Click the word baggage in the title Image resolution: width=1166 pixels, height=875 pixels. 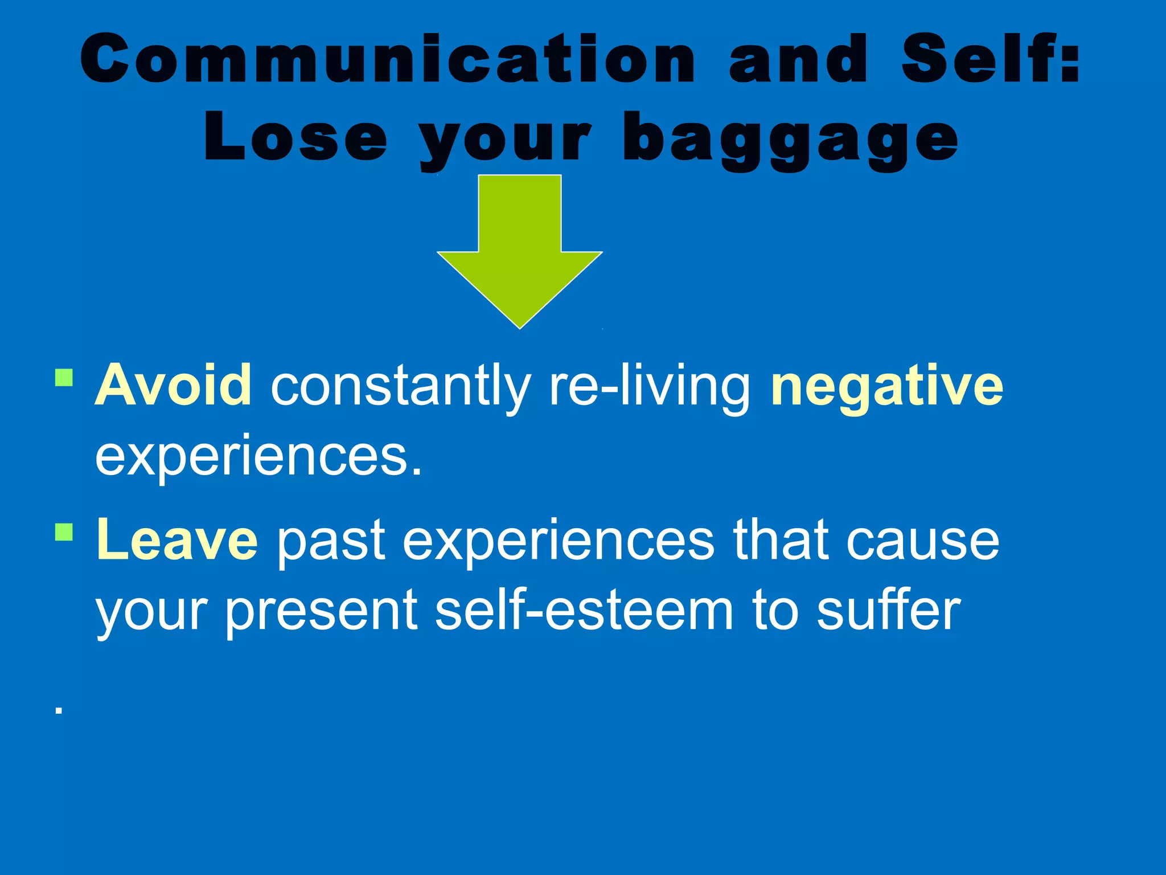[791, 140]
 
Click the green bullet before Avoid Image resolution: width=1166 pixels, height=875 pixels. [64, 378]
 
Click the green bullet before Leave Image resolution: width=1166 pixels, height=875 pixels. [64, 532]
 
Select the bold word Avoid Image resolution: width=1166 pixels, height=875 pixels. [173, 386]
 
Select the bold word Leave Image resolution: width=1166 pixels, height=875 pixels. [176, 540]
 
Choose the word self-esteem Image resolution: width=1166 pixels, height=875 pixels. [584, 611]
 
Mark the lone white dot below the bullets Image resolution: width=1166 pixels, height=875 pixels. [58, 710]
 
